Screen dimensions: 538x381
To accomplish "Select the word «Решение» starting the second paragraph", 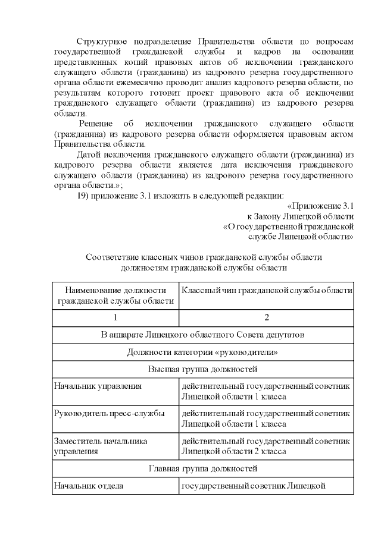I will [96, 122].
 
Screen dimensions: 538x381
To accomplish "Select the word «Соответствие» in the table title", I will [113, 257].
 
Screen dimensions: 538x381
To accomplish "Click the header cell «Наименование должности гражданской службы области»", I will [115, 295].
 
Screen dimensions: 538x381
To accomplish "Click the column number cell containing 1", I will [115, 317].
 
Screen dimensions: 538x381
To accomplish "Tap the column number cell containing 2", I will [266, 317].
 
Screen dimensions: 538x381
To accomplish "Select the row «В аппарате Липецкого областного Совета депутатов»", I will [203, 335].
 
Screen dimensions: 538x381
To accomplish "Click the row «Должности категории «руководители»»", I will [203, 352].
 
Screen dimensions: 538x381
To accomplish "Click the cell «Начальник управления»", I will [98, 386].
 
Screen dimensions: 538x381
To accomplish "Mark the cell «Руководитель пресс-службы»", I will [109, 413].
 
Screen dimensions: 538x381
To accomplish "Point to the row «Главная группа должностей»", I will [203, 469].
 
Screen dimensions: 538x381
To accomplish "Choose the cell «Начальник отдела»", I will [89, 486].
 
